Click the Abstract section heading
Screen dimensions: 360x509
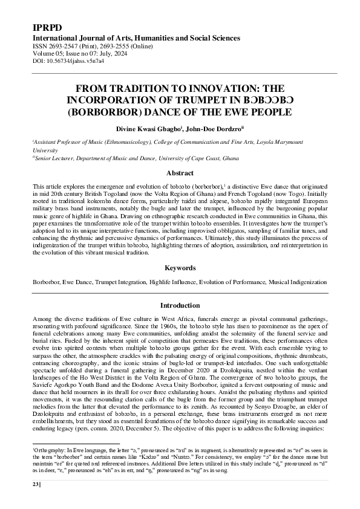(x=180, y=173)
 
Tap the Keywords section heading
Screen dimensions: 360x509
(x=180, y=267)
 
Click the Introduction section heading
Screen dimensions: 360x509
(x=180, y=305)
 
